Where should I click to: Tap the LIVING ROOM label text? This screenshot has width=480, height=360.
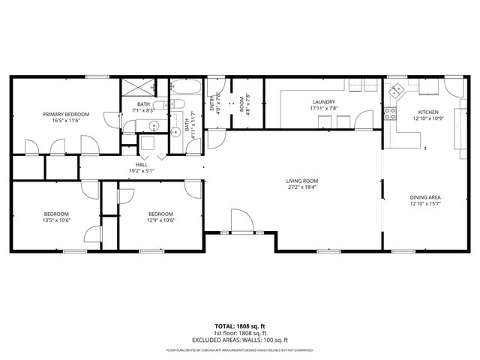(302, 181)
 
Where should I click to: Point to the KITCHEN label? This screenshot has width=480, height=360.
(428, 112)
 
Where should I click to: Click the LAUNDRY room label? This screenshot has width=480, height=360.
(323, 102)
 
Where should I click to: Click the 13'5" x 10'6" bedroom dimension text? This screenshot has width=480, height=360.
(55, 220)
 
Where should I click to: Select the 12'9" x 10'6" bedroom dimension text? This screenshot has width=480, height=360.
(160, 220)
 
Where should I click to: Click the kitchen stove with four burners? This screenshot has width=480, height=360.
(390, 114)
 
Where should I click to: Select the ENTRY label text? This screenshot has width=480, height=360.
(212, 106)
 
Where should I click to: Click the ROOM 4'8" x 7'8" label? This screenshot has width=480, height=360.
(245, 106)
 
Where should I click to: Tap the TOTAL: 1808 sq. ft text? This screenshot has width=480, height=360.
(240, 325)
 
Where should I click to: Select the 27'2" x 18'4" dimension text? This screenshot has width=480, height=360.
(302, 187)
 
